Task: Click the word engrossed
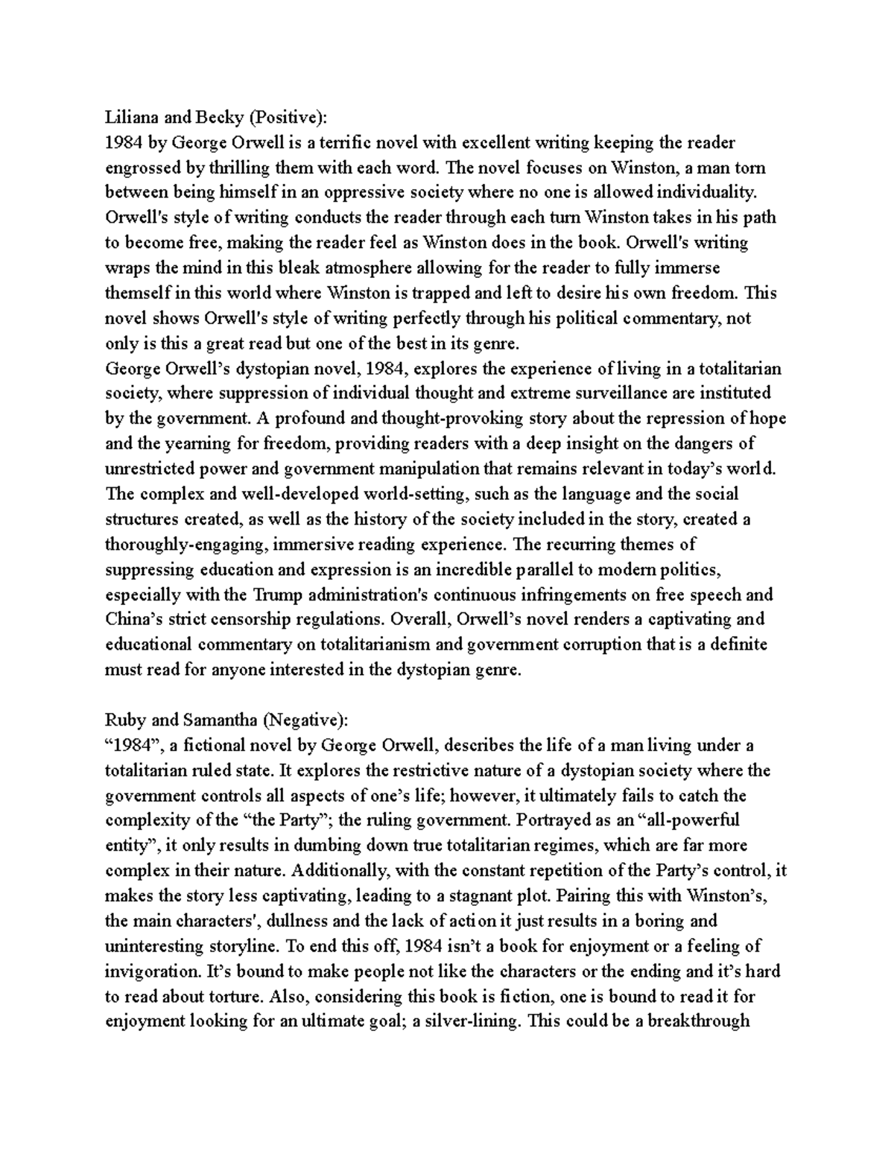pyautogui.click(x=140, y=168)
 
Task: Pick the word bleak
pyautogui.click(x=296, y=267)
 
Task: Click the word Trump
pyautogui.click(x=277, y=594)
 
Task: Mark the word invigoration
pyautogui.click(x=152, y=971)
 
